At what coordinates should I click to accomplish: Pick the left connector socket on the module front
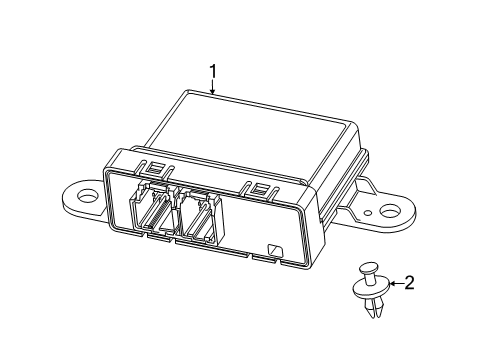click(x=155, y=211)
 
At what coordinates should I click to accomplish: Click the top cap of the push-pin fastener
click(x=368, y=269)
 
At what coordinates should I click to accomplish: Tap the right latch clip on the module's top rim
click(x=262, y=189)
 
